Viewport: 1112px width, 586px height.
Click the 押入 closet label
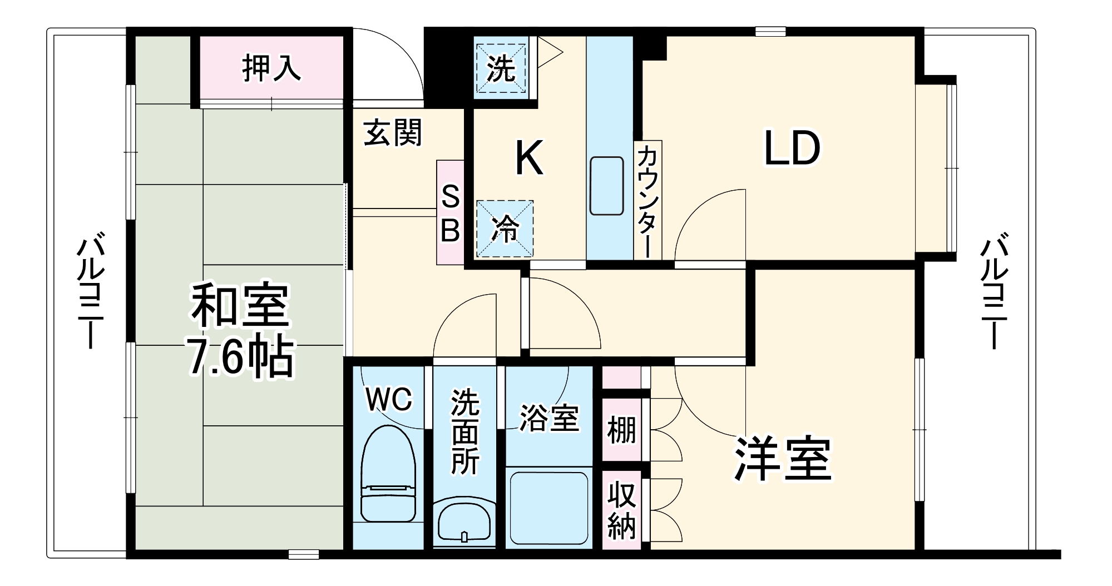coord(271,68)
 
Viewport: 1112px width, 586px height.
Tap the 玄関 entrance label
coord(393,133)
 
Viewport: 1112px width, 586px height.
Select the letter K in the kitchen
coord(529,158)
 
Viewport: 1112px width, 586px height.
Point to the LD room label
coord(792,148)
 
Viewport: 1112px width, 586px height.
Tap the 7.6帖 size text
coord(240,357)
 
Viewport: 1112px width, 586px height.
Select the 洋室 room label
coord(783,459)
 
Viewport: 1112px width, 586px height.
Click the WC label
coord(389,399)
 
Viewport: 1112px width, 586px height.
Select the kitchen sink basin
coord(606,186)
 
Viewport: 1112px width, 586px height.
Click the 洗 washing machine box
coord(501,68)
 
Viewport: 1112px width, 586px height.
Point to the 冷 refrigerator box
coord(505,229)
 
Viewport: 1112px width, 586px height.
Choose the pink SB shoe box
coord(450,212)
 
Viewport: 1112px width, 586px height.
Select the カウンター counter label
coord(648,200)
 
